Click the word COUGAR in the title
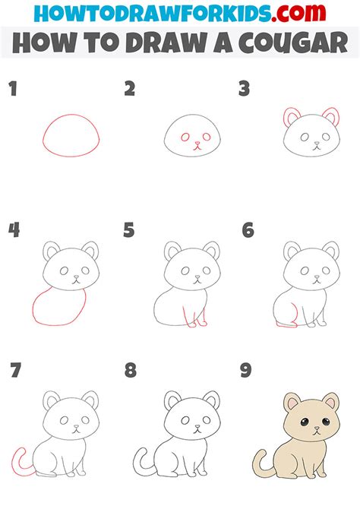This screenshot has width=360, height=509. [293, 43]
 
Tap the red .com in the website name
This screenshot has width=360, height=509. [298, 13]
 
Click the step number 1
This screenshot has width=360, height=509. [13, 89]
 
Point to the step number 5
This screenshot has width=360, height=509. [129, 230]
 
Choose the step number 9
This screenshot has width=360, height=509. [246, 370]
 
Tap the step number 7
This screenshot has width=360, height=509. [16, 370]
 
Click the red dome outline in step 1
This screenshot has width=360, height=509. [71, 114]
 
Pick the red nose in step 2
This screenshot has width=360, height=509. [197, 143]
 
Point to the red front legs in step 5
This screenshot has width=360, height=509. [194, 317]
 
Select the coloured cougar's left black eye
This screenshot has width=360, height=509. [304, 422]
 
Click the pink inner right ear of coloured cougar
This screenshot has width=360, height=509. [331, 403]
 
